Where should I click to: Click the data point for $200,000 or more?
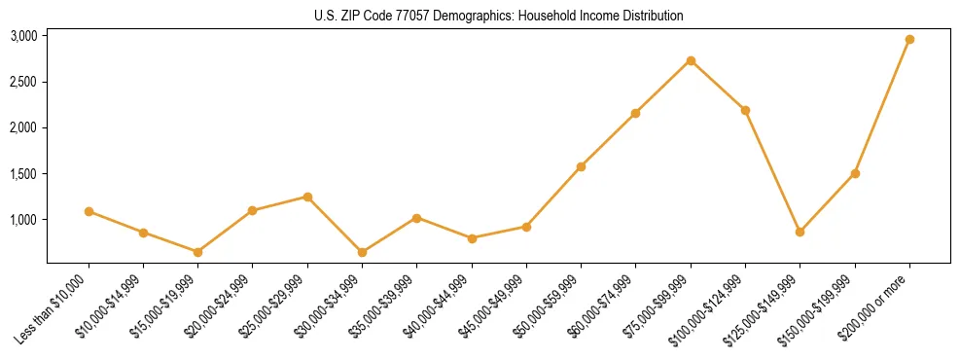click(909, 39)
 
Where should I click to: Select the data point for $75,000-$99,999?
click(691, 60)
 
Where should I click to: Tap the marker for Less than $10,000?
click(89, 211)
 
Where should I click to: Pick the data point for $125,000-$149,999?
click(800, 232)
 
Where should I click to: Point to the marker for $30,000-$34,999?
click(362, 252)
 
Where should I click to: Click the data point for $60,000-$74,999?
click(636, 113)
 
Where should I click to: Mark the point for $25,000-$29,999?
click(307, 197)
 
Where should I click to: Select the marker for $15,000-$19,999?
click(197, 252)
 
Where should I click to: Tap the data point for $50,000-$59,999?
click(581, 166)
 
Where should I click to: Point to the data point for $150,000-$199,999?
click(855, 173)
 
